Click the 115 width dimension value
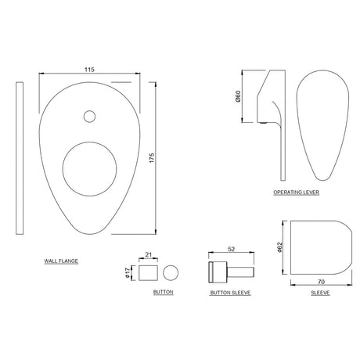coord(91,69)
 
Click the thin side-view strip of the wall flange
coord(19,157)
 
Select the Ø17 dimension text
coord(129,272)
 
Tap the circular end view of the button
coord(171,272)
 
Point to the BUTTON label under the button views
coord(163,292)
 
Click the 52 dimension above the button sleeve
coord(232,250)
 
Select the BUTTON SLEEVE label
coord(229,292)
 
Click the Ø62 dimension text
coord(280,250)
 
